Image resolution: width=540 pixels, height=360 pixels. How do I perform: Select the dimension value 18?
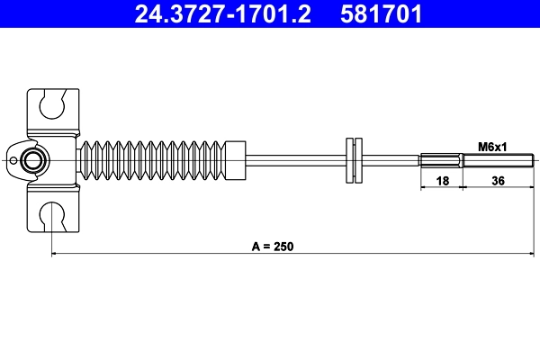(442, 181)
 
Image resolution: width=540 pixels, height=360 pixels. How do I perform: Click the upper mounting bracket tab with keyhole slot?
(54, 110)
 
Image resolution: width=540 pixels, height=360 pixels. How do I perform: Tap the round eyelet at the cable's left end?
(34, 161)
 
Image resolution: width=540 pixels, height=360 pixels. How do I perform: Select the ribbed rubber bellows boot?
(157, 161)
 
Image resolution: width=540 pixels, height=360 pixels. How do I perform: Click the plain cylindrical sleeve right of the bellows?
(236, 161)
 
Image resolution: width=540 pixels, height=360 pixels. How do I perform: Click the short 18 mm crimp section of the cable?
(442, 162)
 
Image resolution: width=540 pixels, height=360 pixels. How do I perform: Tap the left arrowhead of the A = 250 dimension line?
(56, 255)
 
